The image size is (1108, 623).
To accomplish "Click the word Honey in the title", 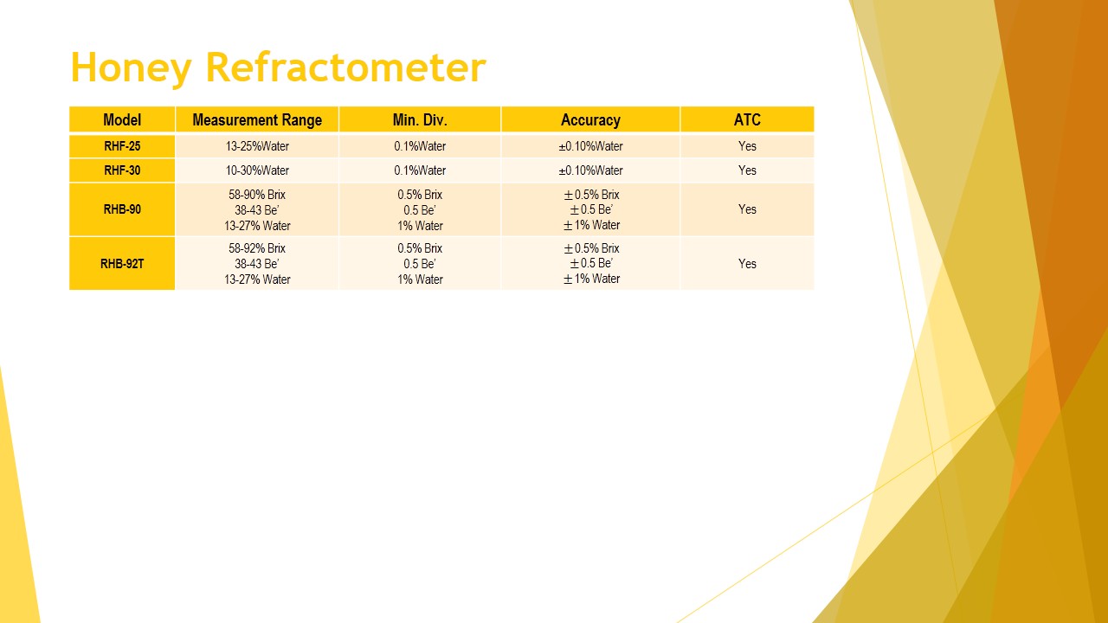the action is pyautogui.click(x=131, y=67).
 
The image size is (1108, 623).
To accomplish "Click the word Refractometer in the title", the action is pyautogui.click(x=345, y=67).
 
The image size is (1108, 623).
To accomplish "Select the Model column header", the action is pyautogui.click(x=122, y=119).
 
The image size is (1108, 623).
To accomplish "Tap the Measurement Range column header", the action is pyautogui.click(x=257, y=120).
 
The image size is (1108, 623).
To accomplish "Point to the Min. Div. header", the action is pyautogui.click(x=420, y=119).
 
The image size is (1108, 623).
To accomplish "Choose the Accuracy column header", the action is pyautogui.click(x=590, y=120).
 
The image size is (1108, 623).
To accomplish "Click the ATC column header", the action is pyautogui.click(x=747, y=119).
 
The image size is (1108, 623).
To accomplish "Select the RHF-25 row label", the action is pyautogui.click(x=122, y=146).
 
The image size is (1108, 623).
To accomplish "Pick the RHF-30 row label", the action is pyautogui.click(x=122, y=170).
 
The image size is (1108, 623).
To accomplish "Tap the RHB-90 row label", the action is pyautogui.click(x=122, y=209).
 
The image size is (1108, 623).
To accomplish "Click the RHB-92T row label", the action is pyautogui.click(x=122, y=264).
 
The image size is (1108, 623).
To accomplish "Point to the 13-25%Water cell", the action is pyautogui.click(x=257, y=146).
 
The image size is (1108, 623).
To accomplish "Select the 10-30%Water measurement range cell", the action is pyautogui.click(x=257, y=170).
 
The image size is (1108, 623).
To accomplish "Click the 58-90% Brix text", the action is pyautogui.click(x=257, y=195).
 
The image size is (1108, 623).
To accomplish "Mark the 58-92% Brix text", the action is pyautogui.click(x=257, y=248).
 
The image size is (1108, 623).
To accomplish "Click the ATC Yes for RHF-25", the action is pyautogui.click(x=747, y=146).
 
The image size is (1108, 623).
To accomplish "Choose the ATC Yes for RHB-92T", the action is pyautogui.click(x=747, y=264).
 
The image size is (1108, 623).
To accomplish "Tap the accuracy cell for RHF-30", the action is pyautogui.click(x=590, y=170).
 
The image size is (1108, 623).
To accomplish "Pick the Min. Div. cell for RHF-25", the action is pyautogui.click(x=420, y=146).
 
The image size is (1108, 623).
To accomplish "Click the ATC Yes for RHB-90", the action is pyautogui.click(x=747, y=209).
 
